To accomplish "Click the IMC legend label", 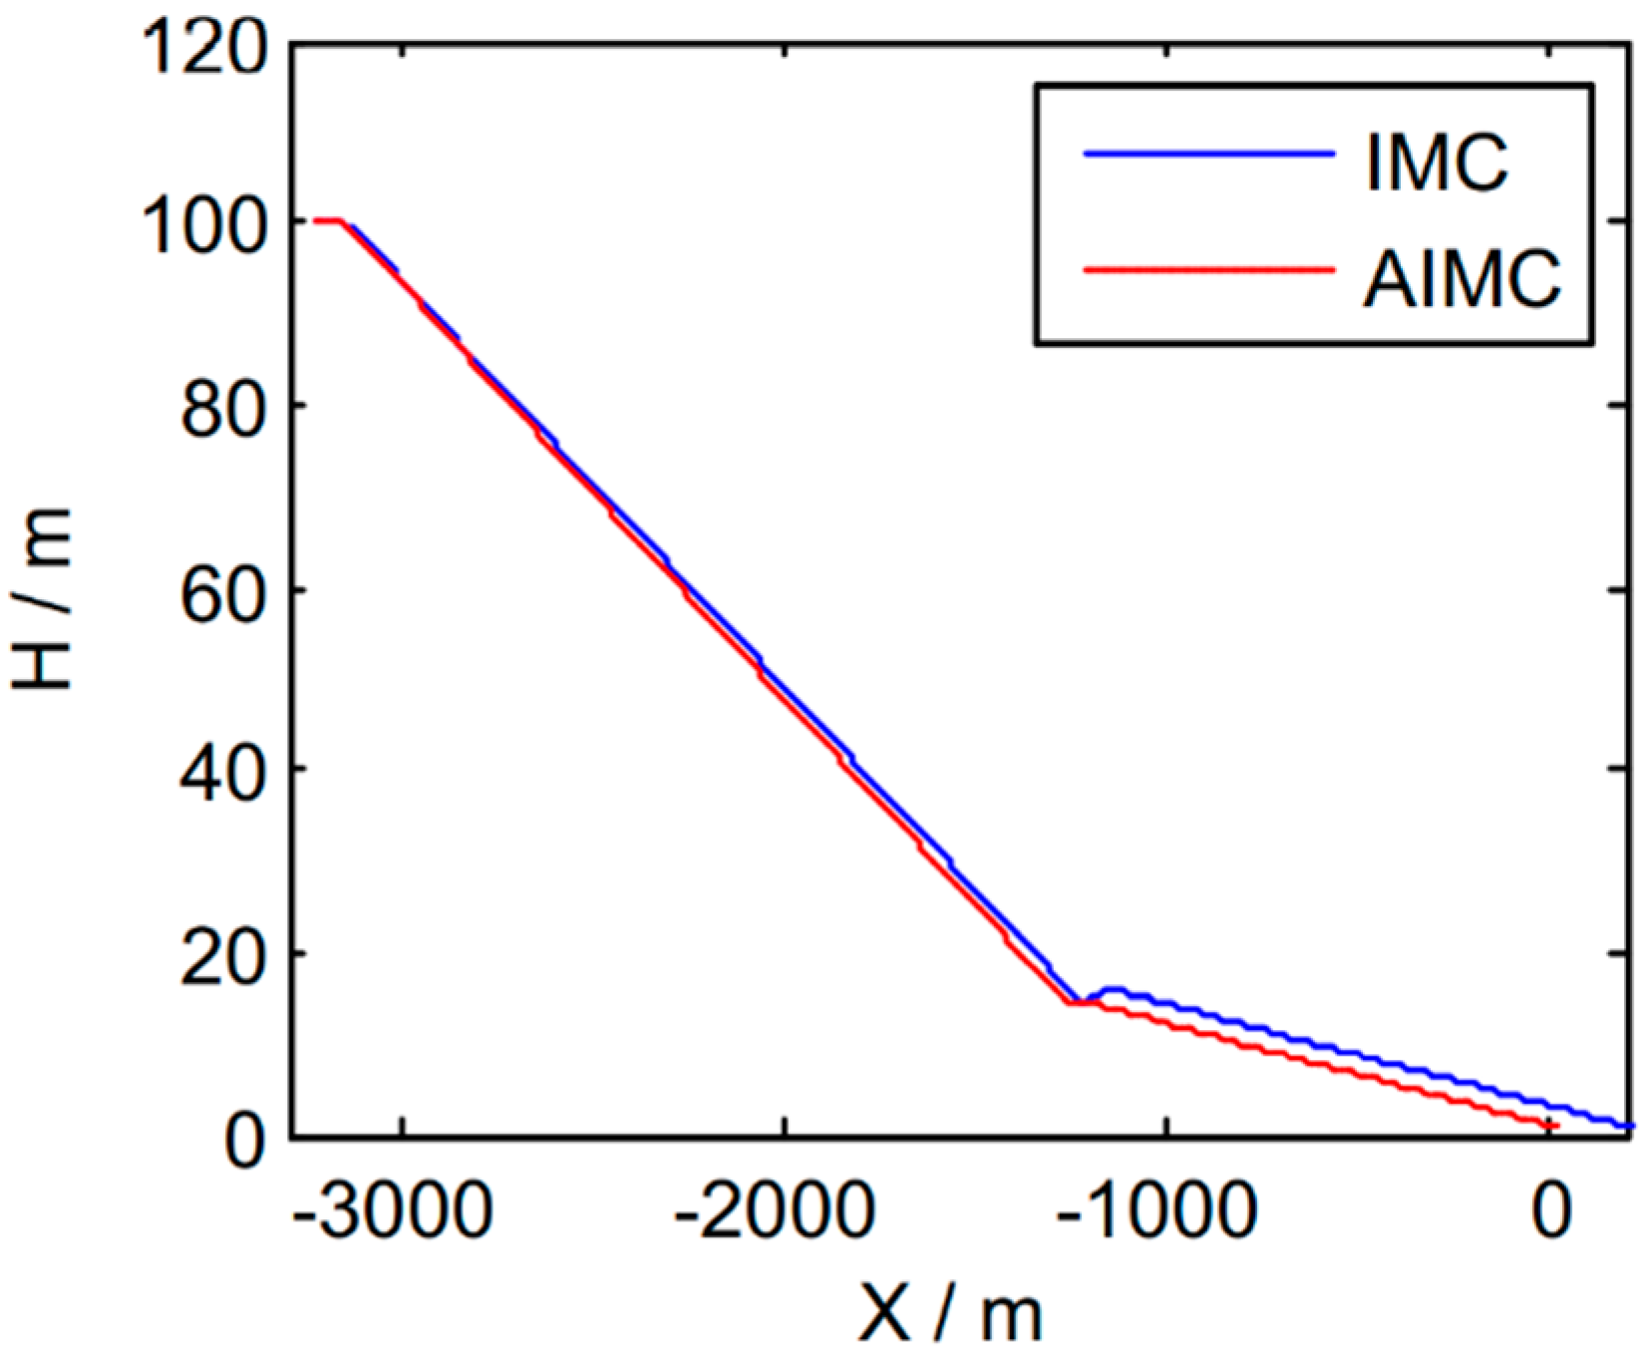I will click(1437, 164).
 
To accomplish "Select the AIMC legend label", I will click(1462, 278).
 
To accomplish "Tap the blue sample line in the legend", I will click(1208, 154).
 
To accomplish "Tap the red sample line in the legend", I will click(1208, 269).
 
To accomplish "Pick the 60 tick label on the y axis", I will click(224, 594).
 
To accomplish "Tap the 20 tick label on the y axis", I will click(224, 958).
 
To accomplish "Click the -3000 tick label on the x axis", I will click(393, 1211).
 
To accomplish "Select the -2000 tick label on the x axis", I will click(776, 1211).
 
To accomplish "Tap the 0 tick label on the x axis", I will click(1551, 1211).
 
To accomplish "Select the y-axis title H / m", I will click(42, 598).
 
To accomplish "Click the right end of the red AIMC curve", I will click(1554, 1126).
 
